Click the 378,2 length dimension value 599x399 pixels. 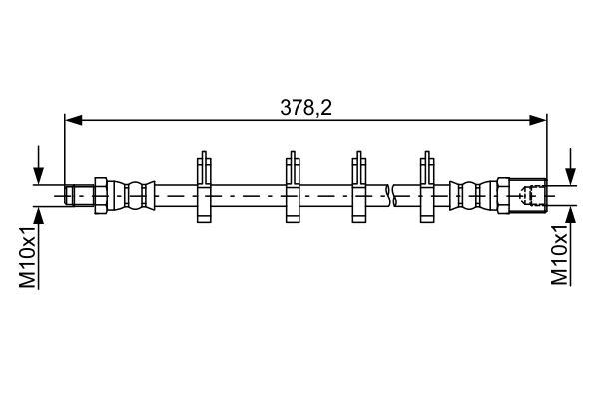tap(305, 107)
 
